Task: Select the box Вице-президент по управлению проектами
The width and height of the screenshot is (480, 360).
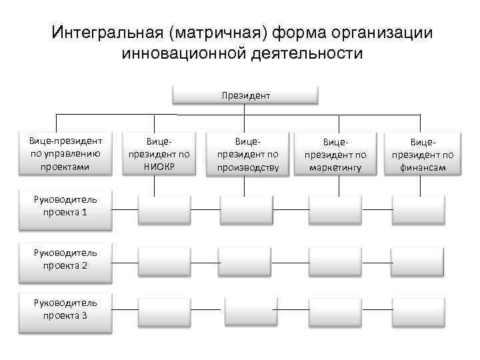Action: (x=65, y=154)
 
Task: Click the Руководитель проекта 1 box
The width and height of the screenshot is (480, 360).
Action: (x=65, y=205)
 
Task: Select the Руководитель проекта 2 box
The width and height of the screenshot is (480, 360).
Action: (x=65, y=259)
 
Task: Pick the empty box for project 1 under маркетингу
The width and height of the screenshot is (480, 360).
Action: (x=335, y=209)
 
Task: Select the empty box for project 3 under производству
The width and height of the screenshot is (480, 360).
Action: (x=250, y=311)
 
